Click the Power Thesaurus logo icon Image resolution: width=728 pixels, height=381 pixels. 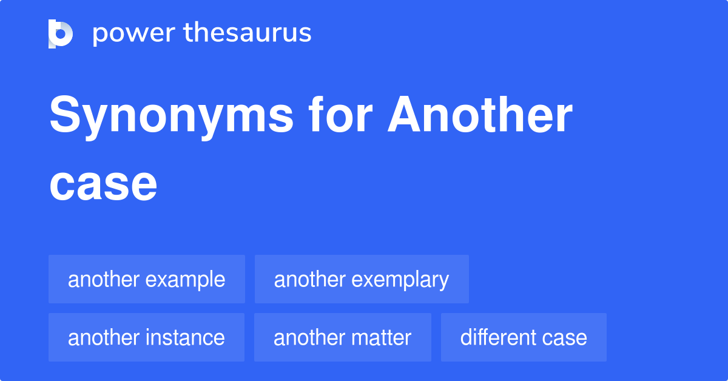(x=61, y=33)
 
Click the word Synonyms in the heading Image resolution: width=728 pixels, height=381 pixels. (x=171, y=116)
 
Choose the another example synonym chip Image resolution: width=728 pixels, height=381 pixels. (x=147, y=280)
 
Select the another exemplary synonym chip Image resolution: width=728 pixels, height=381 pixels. (x=362, y=280)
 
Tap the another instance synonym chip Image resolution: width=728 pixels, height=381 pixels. (x=146, y=337)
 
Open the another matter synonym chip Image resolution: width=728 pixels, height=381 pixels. (x=342, y=337)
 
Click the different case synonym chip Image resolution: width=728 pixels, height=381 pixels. (x=524, y=337)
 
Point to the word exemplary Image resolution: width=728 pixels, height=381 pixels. (x=400, y=280)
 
